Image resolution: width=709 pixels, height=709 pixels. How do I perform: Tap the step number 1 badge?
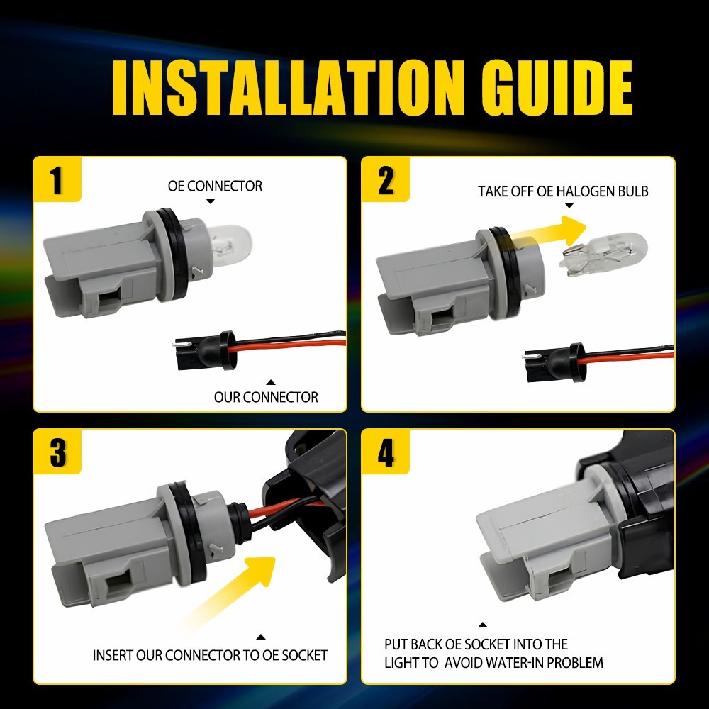pyautogui.click(x=57, y=180)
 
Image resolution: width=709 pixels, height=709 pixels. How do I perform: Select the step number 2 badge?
pyautogui.click(x=386, y=180)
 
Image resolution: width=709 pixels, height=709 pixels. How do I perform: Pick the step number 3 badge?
pyautogui.click(x=57, y=453)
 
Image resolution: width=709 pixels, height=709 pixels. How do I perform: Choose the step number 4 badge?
pyautogui.click(x=386, y=453)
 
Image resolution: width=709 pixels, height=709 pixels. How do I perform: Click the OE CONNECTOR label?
pyautogui.click(x=215, y=186)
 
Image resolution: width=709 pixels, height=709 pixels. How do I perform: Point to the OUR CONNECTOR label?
pyautogui.click(x=266, y=397)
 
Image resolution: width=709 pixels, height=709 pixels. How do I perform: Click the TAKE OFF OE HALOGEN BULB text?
pyautogui.click(x=563, y=191)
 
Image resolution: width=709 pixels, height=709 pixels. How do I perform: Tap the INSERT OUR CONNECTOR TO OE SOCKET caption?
pyautogui.click(x=210, y=655)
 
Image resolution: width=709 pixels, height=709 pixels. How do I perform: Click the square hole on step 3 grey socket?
pyautogui.click(x=114, y=586)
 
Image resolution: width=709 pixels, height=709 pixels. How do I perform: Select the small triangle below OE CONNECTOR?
pyautogui.click(x=211, y=202)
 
